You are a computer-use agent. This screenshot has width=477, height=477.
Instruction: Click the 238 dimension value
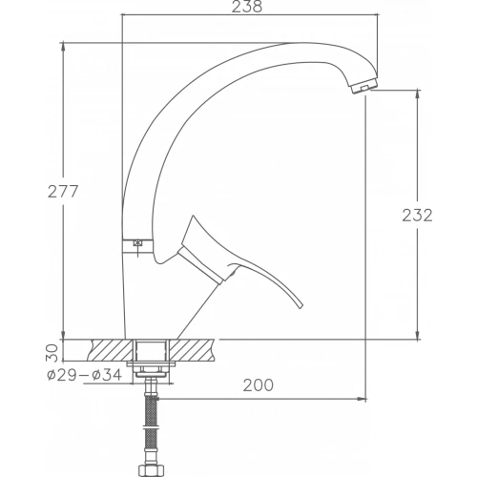point(247,7)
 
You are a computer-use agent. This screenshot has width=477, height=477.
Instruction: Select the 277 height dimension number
point(63,192)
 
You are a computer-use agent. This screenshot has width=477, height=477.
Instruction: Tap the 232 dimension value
point(417,216)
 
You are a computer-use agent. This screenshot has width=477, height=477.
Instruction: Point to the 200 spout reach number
point(259,385)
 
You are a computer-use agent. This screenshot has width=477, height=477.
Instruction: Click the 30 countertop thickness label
point(53,353)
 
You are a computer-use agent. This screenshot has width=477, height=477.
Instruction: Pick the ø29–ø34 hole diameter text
point(84,375)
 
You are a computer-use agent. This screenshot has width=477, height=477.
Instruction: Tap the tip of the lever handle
point(301,307)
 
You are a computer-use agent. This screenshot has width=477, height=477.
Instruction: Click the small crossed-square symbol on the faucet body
point(137,243)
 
